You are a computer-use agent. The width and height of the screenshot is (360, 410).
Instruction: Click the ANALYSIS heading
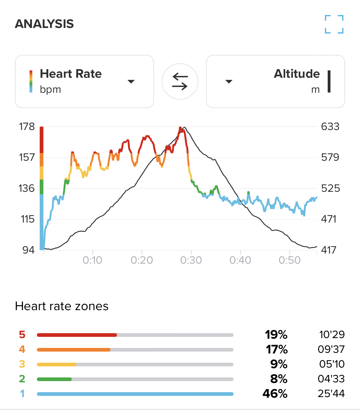coord(44,24)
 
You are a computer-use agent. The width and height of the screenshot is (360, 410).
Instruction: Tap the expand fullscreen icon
coord(334,24)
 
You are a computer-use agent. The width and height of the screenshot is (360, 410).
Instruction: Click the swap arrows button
coord(180,81)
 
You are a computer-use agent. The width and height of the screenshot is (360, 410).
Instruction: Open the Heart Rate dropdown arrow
coord(131,81)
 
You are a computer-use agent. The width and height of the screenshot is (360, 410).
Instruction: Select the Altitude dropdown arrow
coord(229,81)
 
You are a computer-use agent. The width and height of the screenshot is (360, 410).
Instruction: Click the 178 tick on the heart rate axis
coord(27,127)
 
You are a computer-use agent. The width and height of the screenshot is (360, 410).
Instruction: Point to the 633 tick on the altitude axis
coord(330,127)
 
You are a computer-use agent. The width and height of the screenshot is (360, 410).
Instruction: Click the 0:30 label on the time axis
coord(191,260)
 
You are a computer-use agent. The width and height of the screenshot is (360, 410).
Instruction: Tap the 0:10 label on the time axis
coord(92,260)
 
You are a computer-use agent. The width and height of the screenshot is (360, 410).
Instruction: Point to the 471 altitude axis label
coord(329,219)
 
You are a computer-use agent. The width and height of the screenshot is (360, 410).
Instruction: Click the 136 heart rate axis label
coord(27,188)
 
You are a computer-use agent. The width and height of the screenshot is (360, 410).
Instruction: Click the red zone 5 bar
coord(77,335)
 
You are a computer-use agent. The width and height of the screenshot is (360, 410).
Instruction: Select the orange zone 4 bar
coord(74,350)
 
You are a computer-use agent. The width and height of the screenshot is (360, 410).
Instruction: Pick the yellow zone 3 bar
coord(57,365)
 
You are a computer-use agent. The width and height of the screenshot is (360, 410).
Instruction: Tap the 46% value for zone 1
coord(275,394)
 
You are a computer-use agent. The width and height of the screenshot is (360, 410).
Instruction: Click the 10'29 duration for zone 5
coord(332,335)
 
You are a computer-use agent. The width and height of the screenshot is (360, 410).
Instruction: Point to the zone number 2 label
coord(22,379)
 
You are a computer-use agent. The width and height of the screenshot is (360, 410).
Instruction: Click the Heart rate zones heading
coord(62,306)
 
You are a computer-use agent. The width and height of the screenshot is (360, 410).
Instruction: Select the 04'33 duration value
coord(331,379)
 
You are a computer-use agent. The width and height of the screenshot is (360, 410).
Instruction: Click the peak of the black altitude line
coord(184,127)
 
